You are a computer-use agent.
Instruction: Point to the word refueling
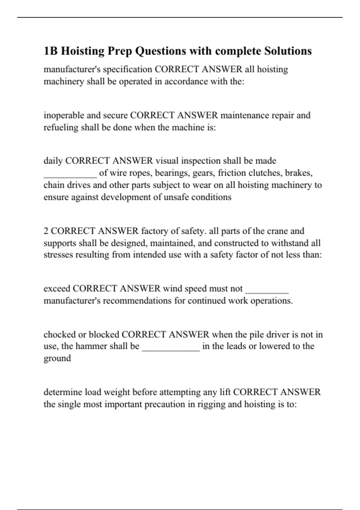(x=61, y=127)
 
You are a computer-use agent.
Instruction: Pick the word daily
(x=53, y=161)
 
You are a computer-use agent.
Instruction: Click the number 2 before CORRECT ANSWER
(x=46, y=231)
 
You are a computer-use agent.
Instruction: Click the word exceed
(x=57, y=289)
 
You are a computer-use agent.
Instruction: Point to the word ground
(x=57, y=358)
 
